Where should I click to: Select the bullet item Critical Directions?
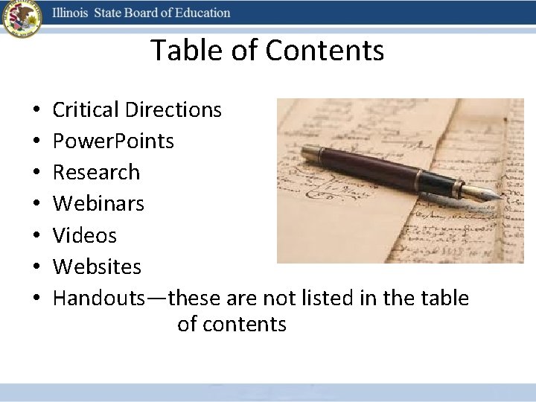click(x=137, y=110)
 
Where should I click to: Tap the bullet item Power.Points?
click(x=113, y=141)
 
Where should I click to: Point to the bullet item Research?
click(x=96, y=173)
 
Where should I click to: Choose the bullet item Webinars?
click(x=98, y=203)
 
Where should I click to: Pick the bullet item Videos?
click(x=85, y=235)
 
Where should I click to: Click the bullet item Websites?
click(x=97, y=267)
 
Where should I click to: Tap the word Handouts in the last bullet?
click(x=99, y=298)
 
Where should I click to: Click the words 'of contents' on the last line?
click(x=232, y=325)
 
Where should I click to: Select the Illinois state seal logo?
click(x=22, y=19)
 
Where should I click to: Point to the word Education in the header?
click(x=202, y=13)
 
